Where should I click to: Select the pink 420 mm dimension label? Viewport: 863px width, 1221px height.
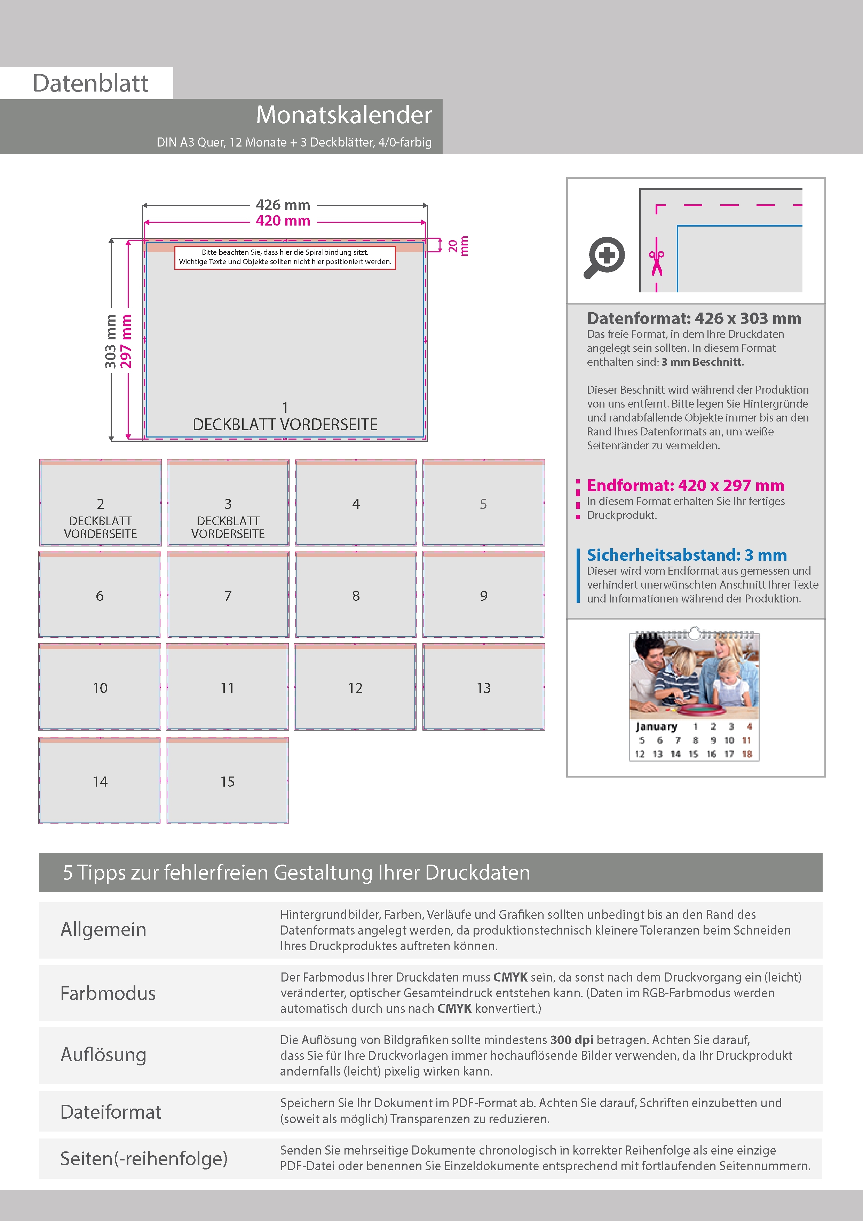coord(283,221)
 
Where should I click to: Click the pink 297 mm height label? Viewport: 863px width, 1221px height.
coord(126,341)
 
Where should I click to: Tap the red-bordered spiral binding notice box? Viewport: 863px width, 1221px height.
coord(285,257)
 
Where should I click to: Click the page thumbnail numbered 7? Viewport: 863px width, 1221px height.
coord(228,594)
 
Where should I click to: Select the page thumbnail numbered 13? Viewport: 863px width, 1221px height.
coord(483,687)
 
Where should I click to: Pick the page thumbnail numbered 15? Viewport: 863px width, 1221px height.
coord(228,781)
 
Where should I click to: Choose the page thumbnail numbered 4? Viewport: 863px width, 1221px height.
coord(356,503)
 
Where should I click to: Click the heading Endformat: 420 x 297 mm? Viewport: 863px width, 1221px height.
coord(686,486)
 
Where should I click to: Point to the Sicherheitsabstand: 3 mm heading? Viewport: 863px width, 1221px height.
coord(687,555)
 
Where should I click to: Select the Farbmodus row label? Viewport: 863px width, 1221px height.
coord(108,993)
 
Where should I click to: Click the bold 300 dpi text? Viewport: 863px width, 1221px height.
coord(572,1040)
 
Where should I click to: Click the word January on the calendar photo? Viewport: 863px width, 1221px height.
coord(656,726)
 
